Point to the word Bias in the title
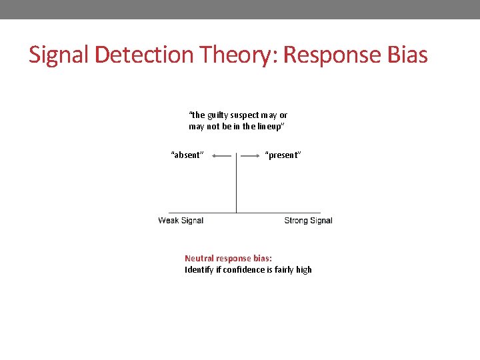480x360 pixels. [x=407, y=55]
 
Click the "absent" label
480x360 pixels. [x=187, y=155]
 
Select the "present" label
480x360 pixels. [x=283, y=155]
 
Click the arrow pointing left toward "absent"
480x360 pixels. [x=221, y=155]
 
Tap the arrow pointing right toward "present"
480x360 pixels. [x=251, y=155]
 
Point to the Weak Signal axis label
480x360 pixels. [x=181, y=221]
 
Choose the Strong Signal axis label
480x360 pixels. [x=308, y=221]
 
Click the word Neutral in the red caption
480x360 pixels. [x=199, y=258]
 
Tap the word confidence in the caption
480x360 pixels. [x=243, y=269]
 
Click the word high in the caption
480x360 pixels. [x=303, y=269]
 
